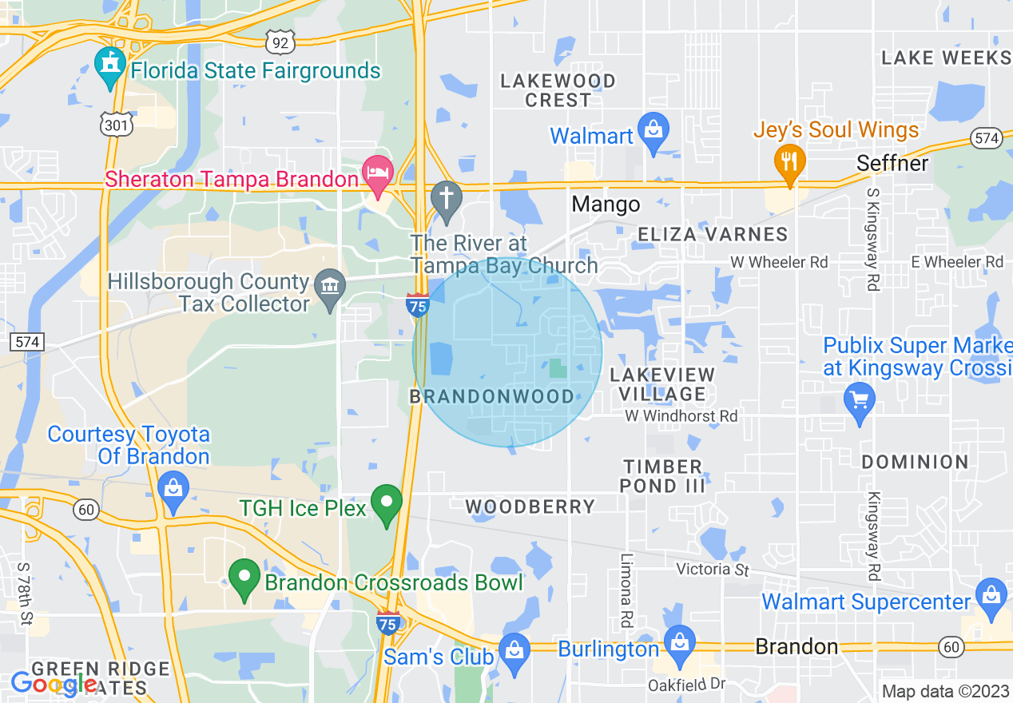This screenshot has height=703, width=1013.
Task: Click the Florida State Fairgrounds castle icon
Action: point(110,66)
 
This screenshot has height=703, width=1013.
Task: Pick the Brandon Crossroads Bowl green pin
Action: point(244,578)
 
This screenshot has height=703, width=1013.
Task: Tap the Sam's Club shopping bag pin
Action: point(513,650)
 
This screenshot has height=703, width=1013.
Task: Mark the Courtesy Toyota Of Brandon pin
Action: point(173,488)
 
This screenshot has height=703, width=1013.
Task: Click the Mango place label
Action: point(606,205)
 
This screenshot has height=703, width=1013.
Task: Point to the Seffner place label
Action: point(892,163)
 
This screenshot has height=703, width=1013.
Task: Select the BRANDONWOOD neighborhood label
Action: point(492,396)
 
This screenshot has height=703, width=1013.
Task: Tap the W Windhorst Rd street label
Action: point(681,416)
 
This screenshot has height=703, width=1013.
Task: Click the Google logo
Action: point(53,684)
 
